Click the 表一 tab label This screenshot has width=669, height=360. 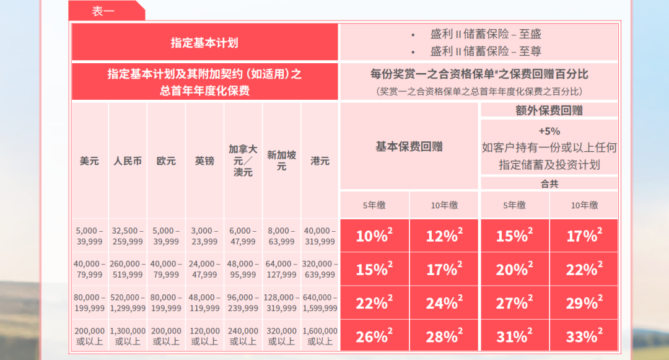coord(103,11)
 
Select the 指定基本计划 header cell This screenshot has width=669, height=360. coord(204,43)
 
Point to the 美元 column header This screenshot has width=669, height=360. coord(89,160)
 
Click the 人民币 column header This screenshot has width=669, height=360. coord(128,160)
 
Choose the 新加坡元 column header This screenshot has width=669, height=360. coord(281,160)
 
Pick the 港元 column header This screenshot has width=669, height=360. coord(320,160)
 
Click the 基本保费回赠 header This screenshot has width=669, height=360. coord(409,147)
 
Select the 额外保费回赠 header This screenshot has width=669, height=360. coord(549,110)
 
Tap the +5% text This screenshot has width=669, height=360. coord(549,131)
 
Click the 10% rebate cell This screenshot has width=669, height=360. coord(374,235)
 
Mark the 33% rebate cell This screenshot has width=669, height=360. coord(584,336)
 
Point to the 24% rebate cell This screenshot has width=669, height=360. coord(444,302)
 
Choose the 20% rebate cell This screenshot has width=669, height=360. coord(514,269)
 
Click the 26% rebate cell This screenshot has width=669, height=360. coord(374,336)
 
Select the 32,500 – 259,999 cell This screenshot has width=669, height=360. coord(128,236)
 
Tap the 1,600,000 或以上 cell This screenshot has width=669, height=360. coord(320,336)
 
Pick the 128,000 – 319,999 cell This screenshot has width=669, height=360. coord(281,303)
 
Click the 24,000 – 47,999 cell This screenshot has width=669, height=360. coord(204,270)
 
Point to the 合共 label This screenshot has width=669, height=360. coord(549,183)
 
